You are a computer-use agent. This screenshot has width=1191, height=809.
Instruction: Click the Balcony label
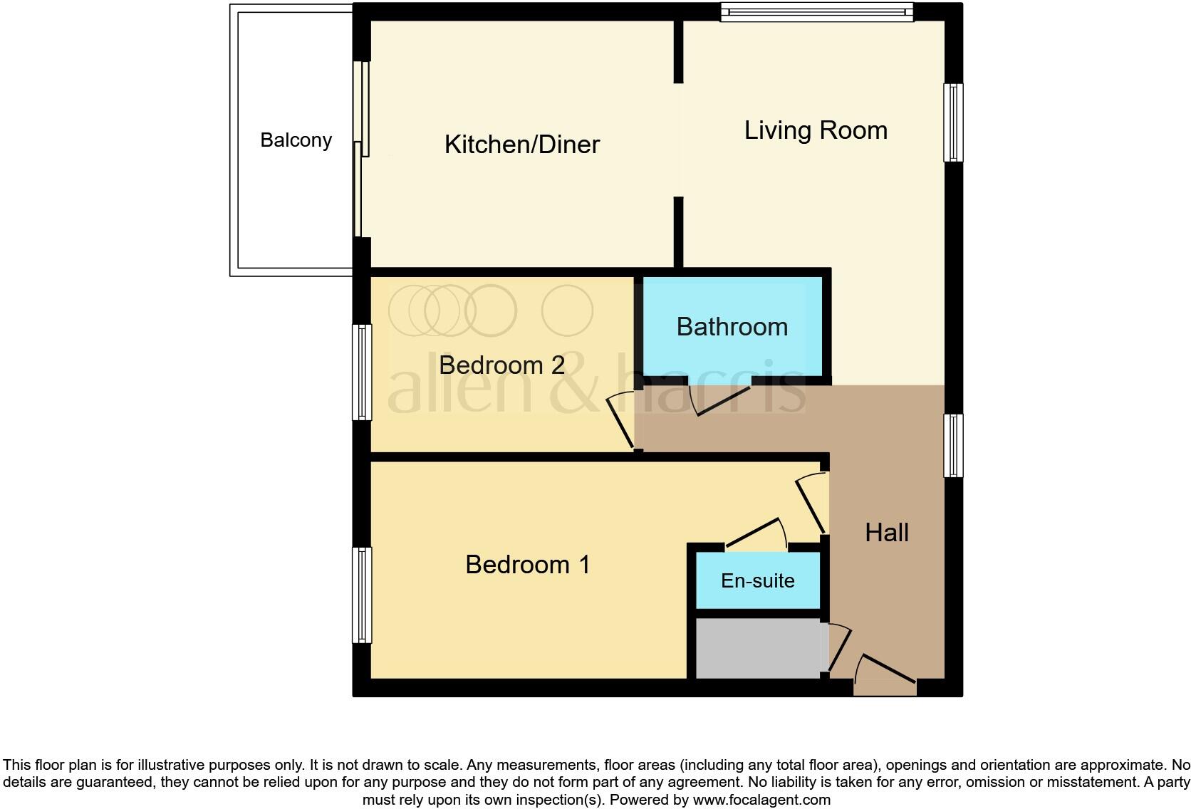coord(296,140)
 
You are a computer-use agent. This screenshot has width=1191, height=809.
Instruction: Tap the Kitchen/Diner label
coord(521,145)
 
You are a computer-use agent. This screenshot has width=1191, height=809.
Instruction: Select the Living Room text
coord(816,130)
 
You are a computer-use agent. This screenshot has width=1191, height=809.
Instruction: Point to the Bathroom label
coord(732,327)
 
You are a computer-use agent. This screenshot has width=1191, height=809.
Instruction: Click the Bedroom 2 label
coord(501,365)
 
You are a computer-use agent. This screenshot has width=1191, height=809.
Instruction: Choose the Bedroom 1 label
coord(527,565)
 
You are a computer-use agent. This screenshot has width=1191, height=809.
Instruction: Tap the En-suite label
coord(757,581)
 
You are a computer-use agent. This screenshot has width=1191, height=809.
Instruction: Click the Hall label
coord(886,533)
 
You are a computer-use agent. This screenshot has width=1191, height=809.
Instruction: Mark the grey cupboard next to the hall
coord(758,648)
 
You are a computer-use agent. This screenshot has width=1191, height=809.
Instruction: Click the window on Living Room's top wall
coord(816,12)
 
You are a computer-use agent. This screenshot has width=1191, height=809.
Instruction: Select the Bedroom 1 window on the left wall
coord(363,595)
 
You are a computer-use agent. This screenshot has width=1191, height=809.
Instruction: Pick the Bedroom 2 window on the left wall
coord(363,372)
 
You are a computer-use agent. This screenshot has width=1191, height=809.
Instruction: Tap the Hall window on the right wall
coord(952,445)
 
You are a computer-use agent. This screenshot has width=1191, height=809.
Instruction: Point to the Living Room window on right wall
coord(952,122)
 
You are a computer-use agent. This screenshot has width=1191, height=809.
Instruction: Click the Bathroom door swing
coord(721,401)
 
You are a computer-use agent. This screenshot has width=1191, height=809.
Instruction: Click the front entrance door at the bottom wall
coord(885,674)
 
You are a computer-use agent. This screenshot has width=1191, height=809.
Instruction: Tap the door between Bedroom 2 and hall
coord(621,422)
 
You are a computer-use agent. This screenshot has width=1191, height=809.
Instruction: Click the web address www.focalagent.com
coord(761,800)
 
